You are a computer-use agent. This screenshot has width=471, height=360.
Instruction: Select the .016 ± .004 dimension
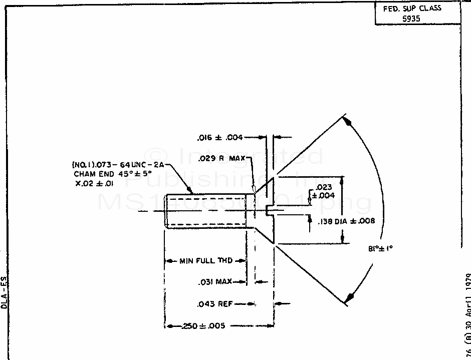[x=220, y=137]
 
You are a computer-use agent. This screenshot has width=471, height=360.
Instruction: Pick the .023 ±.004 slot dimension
[x=324, y=191]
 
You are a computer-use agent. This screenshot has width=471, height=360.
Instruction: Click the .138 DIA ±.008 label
[x=346, y=220]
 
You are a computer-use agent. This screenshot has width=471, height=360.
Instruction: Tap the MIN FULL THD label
[x=205, y=261]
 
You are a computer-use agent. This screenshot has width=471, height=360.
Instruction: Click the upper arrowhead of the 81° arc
[x=348, y=122]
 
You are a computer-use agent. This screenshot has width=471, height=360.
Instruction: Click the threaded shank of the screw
[x=205, y=211]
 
